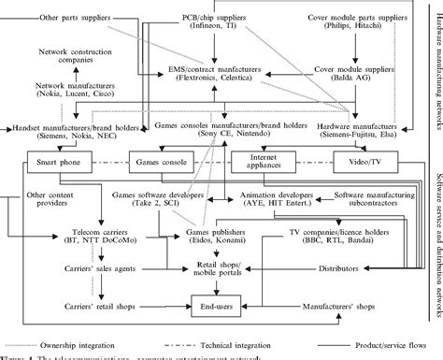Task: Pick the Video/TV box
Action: pos(372,160)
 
